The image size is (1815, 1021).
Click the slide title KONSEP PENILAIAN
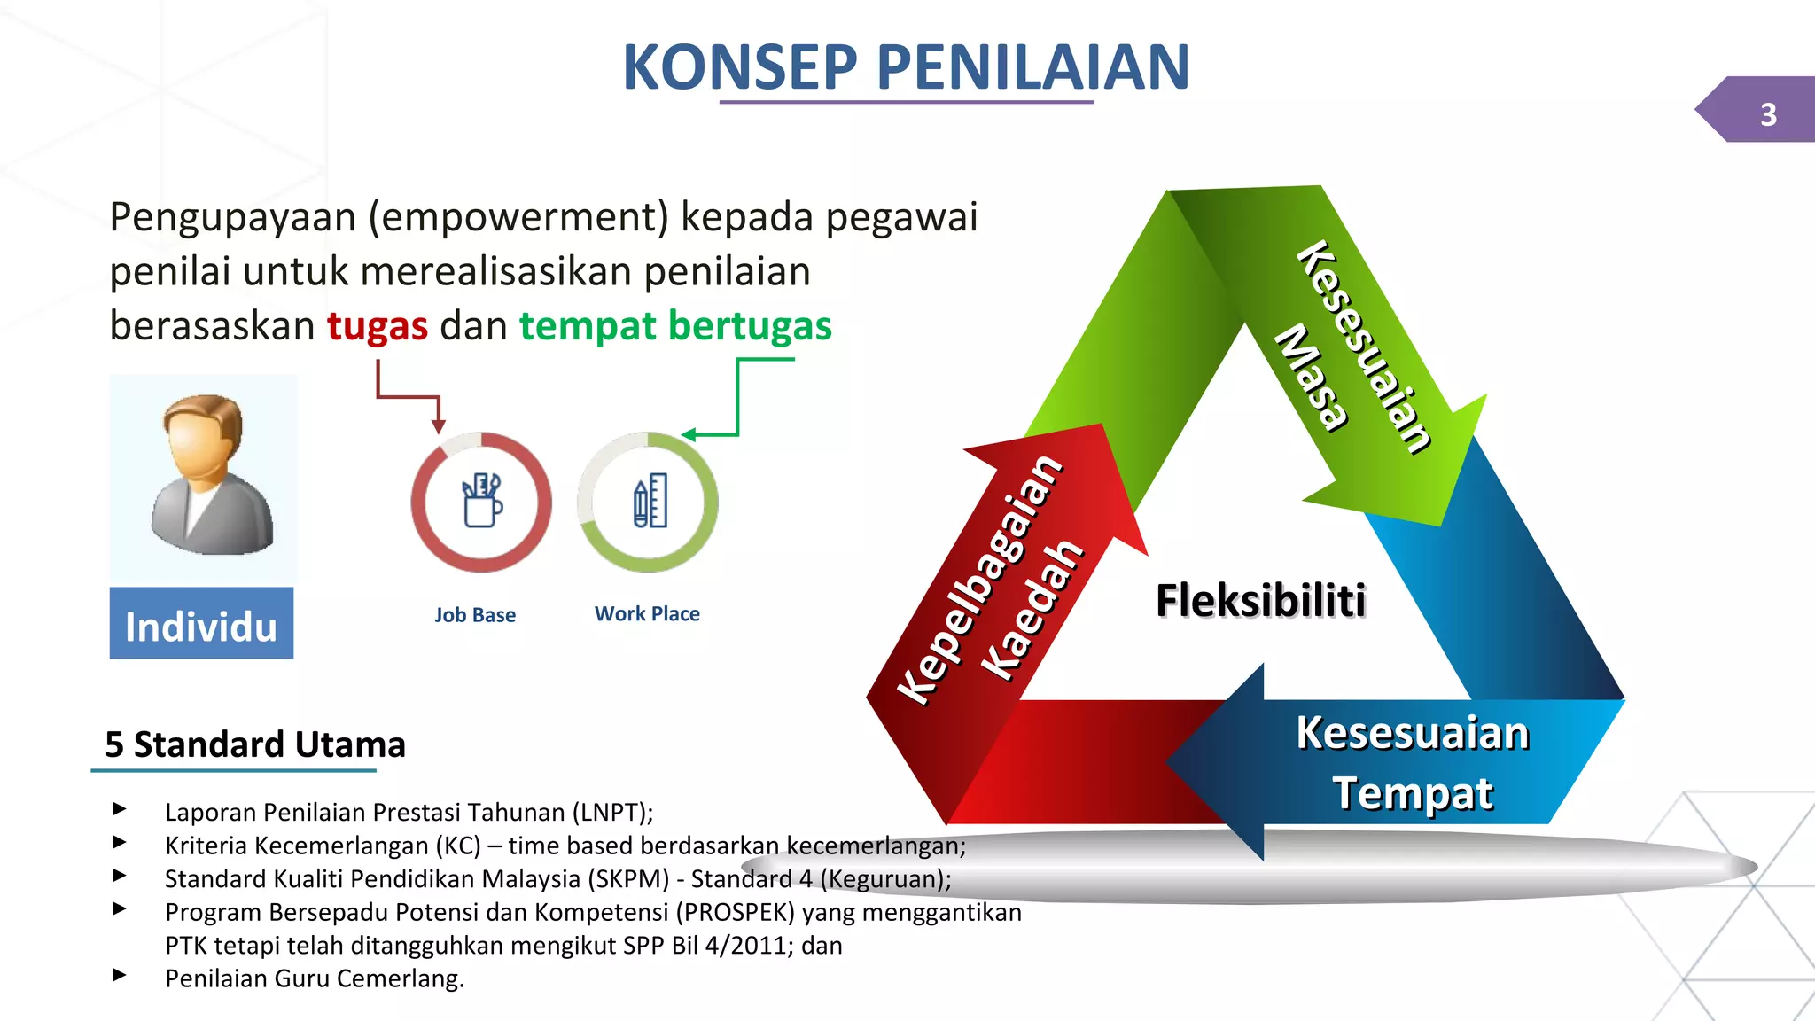(906, 67)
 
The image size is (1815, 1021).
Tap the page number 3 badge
(1767, 113)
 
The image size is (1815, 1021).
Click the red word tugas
(378, 326)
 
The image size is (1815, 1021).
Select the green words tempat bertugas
(675, 326)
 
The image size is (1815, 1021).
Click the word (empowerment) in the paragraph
(518, 218)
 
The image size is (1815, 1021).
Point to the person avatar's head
(204, 434)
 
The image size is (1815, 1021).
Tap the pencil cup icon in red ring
(481, 502)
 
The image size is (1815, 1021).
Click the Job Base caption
(475, 615)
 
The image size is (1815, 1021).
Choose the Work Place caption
(647, 613)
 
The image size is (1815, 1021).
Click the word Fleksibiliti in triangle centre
(1260, 601)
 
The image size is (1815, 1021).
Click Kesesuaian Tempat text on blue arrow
(1413, 762)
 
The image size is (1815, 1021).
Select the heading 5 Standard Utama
(255, 744)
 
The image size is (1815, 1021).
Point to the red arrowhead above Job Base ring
(438, 426)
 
